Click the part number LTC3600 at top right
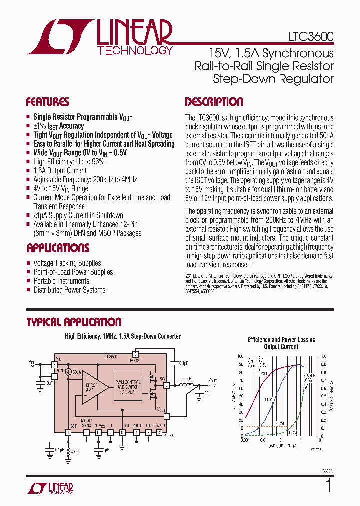310,37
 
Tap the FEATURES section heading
47,102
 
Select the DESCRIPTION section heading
214,102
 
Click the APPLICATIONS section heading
58,248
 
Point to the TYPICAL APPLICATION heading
74,322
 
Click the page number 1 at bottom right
328,485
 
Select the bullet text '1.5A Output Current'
60,171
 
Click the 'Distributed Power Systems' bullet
69,290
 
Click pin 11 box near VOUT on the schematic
167,415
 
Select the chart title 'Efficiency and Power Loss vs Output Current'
281,343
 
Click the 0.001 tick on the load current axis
245,440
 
